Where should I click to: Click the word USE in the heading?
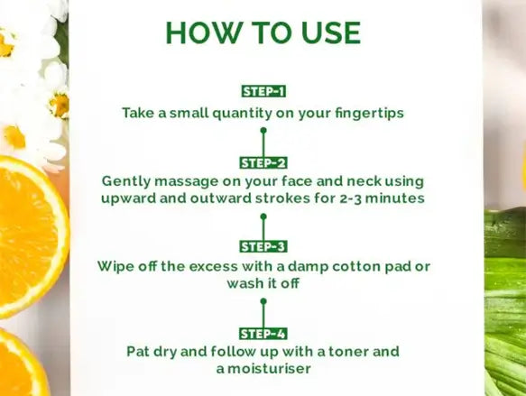pyautogui.click(x=330, y=32)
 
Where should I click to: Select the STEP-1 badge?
pyautogui.click(x=263, y=91)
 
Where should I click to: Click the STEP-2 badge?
pyautogui.click(x=263, y=163)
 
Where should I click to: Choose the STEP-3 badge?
pyautogui.click(x=263, y=246)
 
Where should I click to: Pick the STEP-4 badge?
pyautogui.click(x=263, y=334)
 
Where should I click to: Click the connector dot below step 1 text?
pyautogui.click(x=263, y=130)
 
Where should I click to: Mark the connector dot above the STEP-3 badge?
pyautogui.click(x=263, y=216)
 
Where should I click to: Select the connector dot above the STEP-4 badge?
pyautogui.click(x=263, y=301)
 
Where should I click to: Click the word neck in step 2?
pyautogui.click(x=364, y=181)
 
